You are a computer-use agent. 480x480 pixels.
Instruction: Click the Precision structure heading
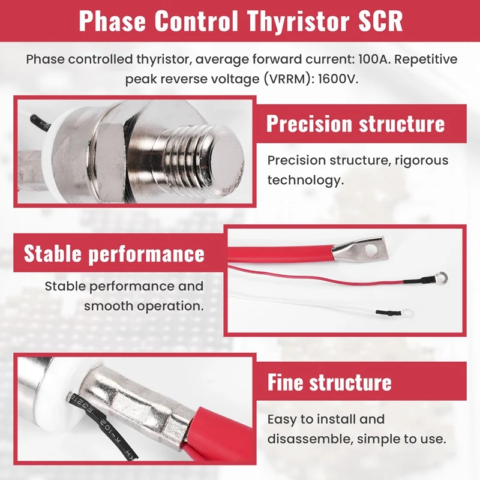tap(355, 124)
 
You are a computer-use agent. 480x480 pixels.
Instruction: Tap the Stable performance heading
tap(114, 253)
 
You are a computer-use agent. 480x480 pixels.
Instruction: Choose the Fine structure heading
tap(329, 382)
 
